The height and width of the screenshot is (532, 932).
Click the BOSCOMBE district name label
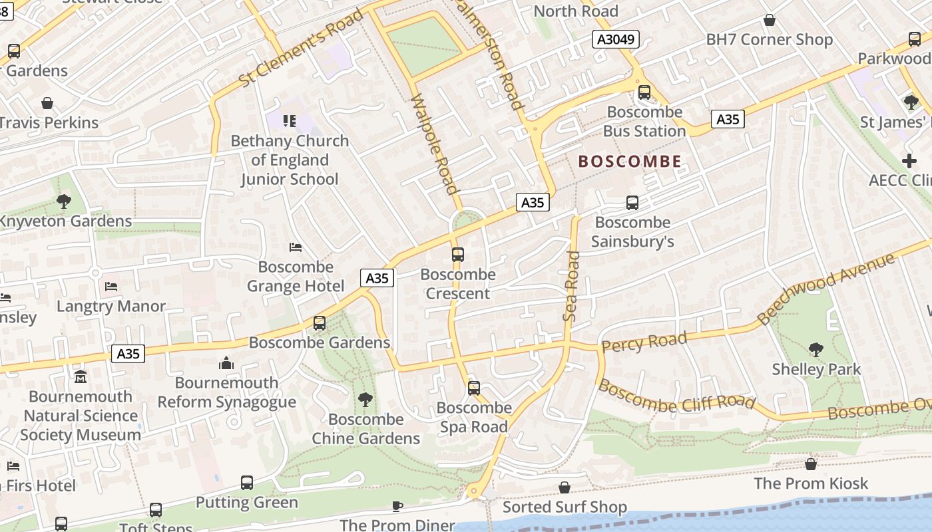[x=630, y=161]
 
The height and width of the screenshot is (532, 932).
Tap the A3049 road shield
[x=615, y=40]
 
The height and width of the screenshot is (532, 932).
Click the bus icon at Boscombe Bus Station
[x=644, y=92]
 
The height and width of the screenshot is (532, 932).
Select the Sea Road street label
[x=571, y=286]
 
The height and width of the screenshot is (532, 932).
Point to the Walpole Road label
[x=435, y=143]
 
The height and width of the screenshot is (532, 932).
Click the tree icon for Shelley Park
[x=815, y=349]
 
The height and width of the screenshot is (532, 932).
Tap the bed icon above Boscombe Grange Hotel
[x=296, y=247]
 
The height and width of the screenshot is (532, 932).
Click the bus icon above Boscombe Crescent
[x=457, y=254]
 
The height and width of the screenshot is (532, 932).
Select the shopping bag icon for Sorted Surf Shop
[x=564, y=487]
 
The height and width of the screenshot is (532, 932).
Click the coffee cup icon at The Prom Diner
[x=397, y=506]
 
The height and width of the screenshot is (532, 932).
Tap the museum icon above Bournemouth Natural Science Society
[x=81, y=377]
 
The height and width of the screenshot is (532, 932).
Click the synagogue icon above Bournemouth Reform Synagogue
[x=226, y=363]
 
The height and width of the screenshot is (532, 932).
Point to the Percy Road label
[x=644, y=342]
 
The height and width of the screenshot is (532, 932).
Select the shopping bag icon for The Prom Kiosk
[x=810, y=464]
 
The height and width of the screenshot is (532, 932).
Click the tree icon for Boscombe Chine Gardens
[x=365, y=399]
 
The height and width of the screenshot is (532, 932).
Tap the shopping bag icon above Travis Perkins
[x=47, y=103]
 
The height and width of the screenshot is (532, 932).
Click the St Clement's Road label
[x=301, y=48]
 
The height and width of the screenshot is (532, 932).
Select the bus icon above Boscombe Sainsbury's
[x=632, y=202]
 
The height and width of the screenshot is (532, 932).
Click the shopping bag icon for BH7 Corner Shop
[x=769, y=20]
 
